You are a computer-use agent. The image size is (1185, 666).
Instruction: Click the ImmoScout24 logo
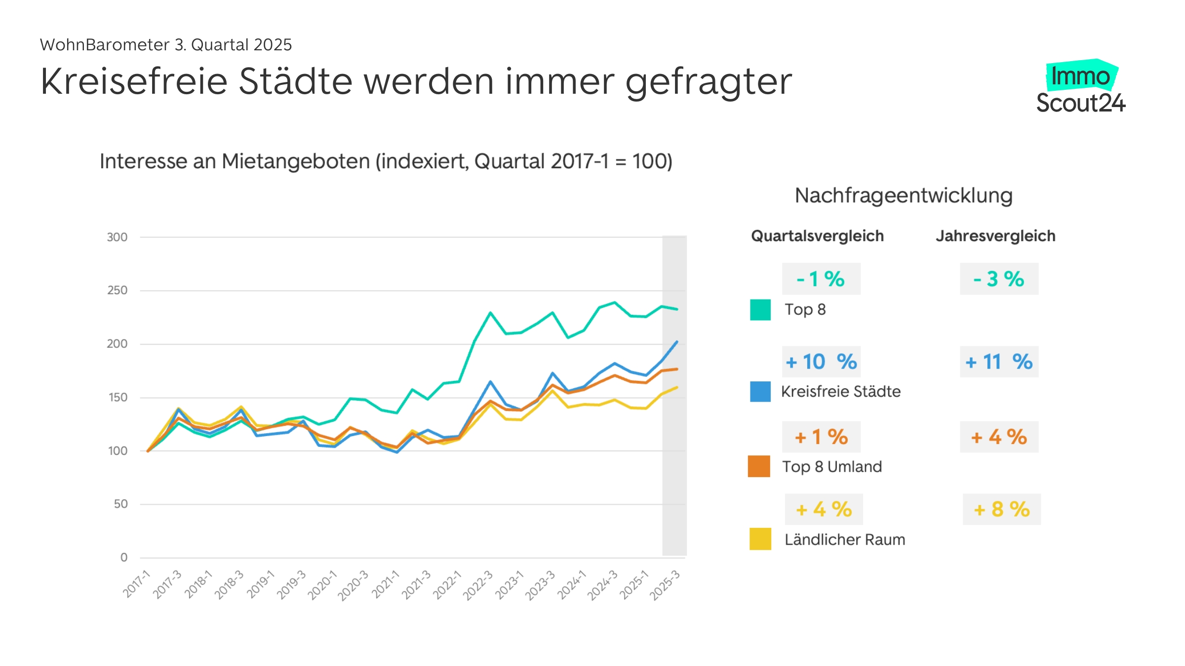(x=1080, y=88)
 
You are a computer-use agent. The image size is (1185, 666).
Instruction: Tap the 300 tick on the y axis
(x=117, y=237)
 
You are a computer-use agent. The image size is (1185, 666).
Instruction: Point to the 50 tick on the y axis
(x=120, y=504)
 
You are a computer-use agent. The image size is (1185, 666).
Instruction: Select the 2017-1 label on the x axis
(x=136, y=584)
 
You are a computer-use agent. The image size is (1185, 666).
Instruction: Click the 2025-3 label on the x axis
(x=665, y=585)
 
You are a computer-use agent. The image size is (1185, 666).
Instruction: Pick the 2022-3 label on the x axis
(x=477, y=585)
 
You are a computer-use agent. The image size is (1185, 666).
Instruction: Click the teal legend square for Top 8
(x=760, y=310)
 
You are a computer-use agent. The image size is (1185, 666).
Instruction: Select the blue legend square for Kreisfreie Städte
(x=760, y=392)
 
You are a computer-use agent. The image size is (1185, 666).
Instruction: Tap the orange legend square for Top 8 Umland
(x=759, y=466)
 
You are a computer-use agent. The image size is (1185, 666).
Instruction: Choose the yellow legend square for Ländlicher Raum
(x=760, y=539)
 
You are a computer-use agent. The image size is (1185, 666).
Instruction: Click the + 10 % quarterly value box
(x=821, y=362)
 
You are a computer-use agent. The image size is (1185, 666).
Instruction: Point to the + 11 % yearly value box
(x=999, y=362)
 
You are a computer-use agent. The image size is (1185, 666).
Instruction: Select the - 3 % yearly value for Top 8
(x=999, y=279)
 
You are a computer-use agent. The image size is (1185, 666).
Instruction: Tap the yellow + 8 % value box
(x=1001, y=509)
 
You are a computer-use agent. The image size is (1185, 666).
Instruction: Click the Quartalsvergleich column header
(x=817, y=236)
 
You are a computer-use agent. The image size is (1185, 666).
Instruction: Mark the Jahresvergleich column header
(x=995, y=236)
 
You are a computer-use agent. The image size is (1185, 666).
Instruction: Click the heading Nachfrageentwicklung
(x=904, y=195)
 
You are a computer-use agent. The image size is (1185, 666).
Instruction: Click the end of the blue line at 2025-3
(x=676, y=341)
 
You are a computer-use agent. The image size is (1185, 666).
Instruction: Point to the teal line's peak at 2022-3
(x=490, y=312)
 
